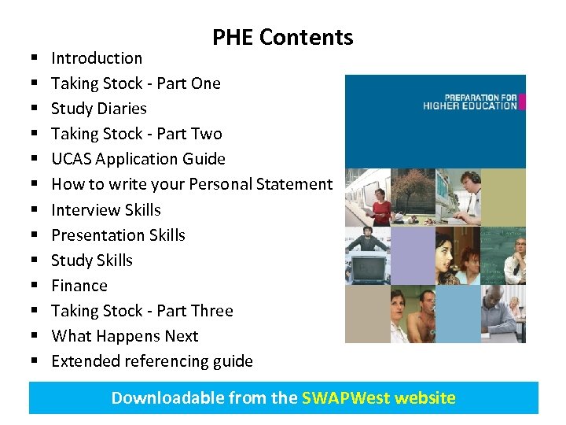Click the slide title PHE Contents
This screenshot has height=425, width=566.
[x=282, y=37]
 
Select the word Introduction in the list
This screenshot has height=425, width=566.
[x=97, y=58]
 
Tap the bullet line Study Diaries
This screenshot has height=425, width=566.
[x=99, y=109]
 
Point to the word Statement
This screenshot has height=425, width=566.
[x=297, y=184]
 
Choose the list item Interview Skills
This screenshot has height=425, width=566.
[x=106, y=210]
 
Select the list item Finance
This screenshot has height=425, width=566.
[x=79, y=286]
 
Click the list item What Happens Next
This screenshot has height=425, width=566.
[x=125, y=336]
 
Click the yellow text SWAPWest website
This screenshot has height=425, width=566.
[x=378, y=397]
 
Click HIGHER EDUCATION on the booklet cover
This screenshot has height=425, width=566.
[x=469, y=105]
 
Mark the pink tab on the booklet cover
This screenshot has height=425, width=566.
[x=521, y=102]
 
